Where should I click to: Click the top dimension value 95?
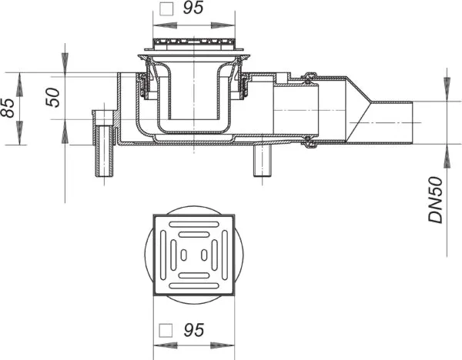(x=193, y=8)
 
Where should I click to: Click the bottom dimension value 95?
(x=193, y=330)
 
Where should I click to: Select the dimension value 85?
(x=8, y=108)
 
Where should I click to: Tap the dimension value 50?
(x=53, y=98)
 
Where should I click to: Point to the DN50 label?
(x=436, y=200)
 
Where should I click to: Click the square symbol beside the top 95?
(x=166, y=8)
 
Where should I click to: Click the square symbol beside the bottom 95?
(x=166, y=331)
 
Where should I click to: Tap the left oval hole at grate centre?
(x=183, y=255)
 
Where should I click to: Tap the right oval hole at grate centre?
(x=204, y=255)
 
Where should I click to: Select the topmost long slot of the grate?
(x=194, y=225)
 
